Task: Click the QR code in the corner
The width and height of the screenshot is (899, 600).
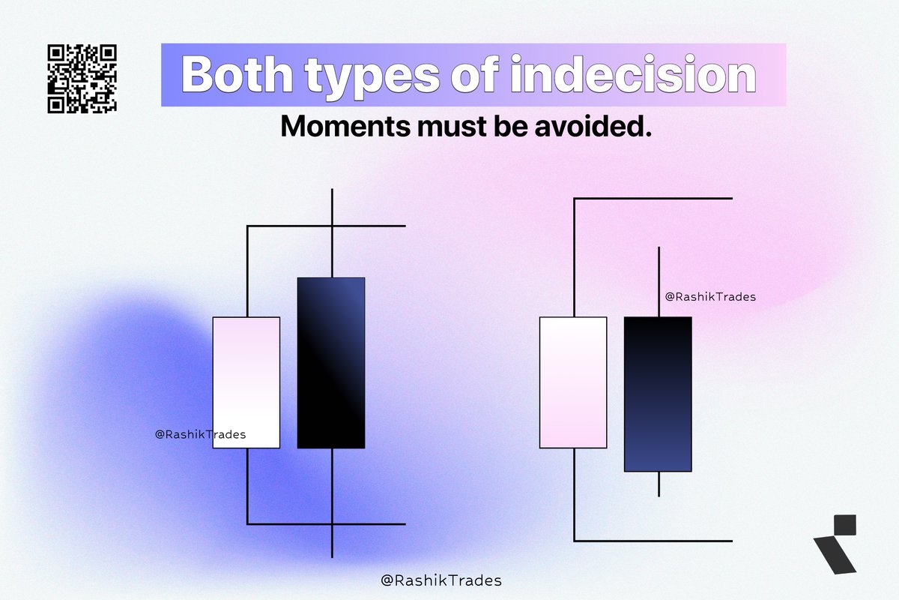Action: tap(82, 79)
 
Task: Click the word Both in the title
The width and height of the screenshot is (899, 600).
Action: tap(242, 75)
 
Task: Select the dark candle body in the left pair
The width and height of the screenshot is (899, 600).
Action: tap(331, 362)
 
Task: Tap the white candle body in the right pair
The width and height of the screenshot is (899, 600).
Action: tap(573, 382)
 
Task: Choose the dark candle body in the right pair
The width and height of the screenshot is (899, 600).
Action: tap(658, 394)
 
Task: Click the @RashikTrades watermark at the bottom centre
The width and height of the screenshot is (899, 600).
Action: tap(441, 580)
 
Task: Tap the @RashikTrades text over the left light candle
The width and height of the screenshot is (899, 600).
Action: tap(200, 433)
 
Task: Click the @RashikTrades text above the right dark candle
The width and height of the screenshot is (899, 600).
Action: tap(710, 296)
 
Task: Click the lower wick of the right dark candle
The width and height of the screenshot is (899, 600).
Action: tap(659, 484)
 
